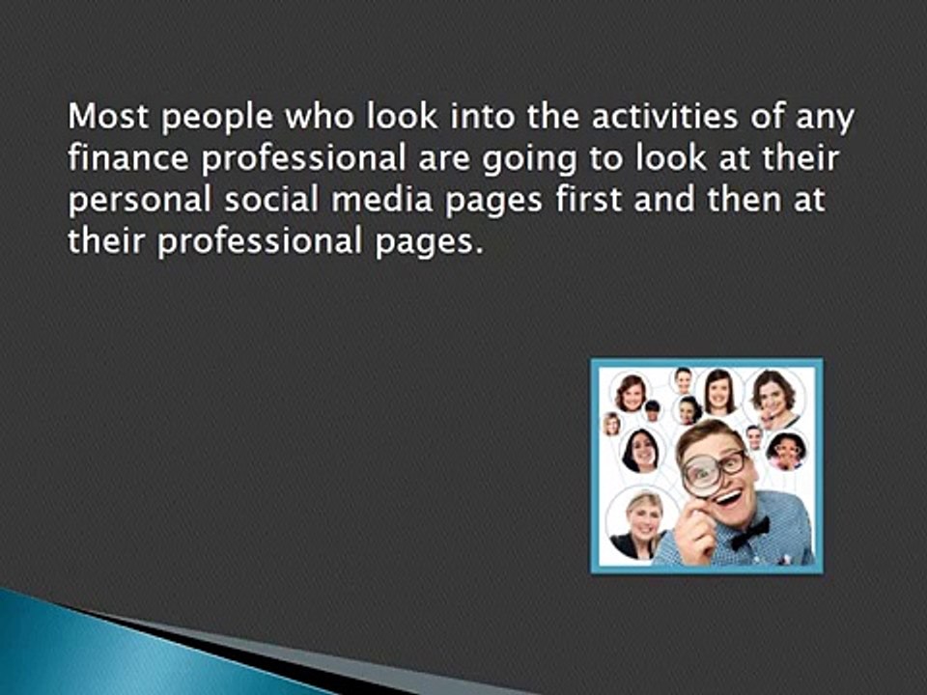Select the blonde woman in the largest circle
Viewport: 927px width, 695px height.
pos(643,522)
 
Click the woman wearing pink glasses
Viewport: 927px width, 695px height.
pos(784,450)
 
